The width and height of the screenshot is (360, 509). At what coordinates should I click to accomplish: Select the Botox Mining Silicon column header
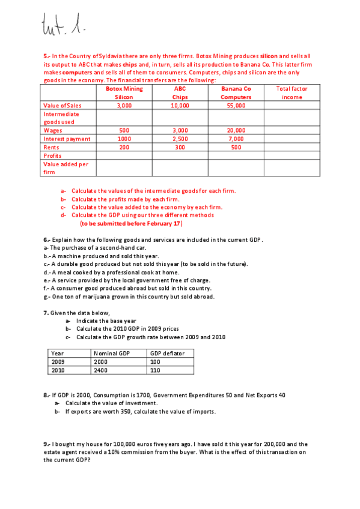click(x=124, y=92)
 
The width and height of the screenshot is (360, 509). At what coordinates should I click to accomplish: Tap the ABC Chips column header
click(x=180, y=92)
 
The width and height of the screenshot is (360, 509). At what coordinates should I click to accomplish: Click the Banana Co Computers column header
click(x=236, y=92)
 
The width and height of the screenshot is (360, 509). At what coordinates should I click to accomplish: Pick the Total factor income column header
click(x=291, y=92)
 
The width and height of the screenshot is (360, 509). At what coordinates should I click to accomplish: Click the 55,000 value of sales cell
click(x=236, y=105)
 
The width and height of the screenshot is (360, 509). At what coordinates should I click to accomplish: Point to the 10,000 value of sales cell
click(x=180, y=105)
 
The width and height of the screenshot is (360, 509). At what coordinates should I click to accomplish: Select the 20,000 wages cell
click(x=236, y=130)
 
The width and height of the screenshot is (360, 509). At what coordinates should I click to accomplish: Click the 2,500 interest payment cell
click(x=180, y=139)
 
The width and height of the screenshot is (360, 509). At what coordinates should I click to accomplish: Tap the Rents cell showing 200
click(x=124, y=147)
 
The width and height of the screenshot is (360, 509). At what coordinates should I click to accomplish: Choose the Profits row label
click(x=52, y=155)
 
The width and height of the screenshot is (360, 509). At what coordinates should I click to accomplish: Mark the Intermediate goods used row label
click(x=61, y=118)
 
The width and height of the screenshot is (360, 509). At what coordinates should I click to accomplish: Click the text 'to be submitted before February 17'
click(x=131, y=223)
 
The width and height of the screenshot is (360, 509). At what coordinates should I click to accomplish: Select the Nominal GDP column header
click(x=112, y=354)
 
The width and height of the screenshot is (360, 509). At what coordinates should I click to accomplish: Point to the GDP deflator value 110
click(x=156, y=370)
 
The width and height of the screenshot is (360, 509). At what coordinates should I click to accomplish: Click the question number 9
click(x=46, y=444)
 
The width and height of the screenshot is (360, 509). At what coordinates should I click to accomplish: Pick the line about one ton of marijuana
click(x=129, y=296)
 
